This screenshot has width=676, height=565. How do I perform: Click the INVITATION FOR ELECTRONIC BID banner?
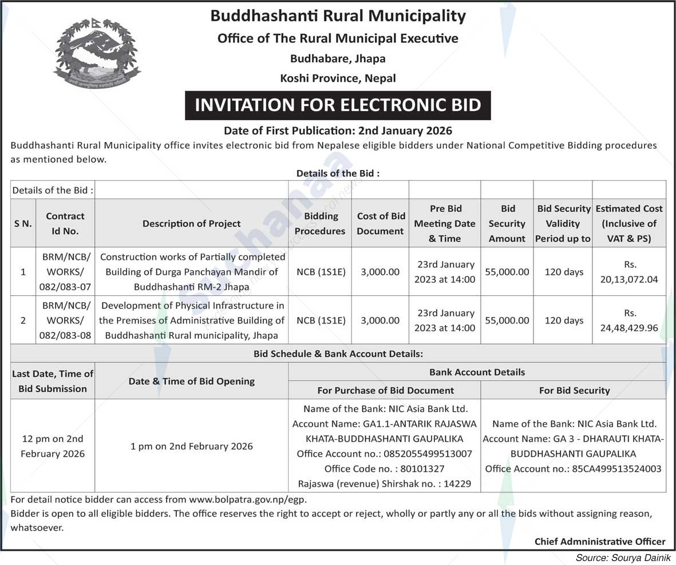338,105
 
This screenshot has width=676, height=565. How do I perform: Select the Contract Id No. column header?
65,224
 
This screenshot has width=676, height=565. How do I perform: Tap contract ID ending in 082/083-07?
66,272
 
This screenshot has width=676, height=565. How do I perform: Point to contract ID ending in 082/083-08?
66,321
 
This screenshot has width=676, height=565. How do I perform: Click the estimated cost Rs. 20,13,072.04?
629,272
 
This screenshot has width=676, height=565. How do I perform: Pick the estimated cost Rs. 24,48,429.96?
629,321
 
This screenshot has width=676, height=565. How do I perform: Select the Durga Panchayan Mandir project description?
192,272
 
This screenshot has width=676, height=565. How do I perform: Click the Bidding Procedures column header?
321,224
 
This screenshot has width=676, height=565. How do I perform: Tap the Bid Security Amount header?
507,224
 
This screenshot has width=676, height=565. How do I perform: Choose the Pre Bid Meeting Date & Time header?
445,224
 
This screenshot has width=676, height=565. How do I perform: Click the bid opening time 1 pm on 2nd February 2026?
192,446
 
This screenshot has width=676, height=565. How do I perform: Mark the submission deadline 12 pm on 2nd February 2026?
53,446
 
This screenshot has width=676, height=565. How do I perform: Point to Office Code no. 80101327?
384,469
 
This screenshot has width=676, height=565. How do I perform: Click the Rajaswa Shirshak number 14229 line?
384,484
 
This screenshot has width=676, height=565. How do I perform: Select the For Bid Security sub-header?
574,390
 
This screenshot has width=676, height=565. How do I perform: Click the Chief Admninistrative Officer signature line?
600,541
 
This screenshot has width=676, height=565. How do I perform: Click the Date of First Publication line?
338,131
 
